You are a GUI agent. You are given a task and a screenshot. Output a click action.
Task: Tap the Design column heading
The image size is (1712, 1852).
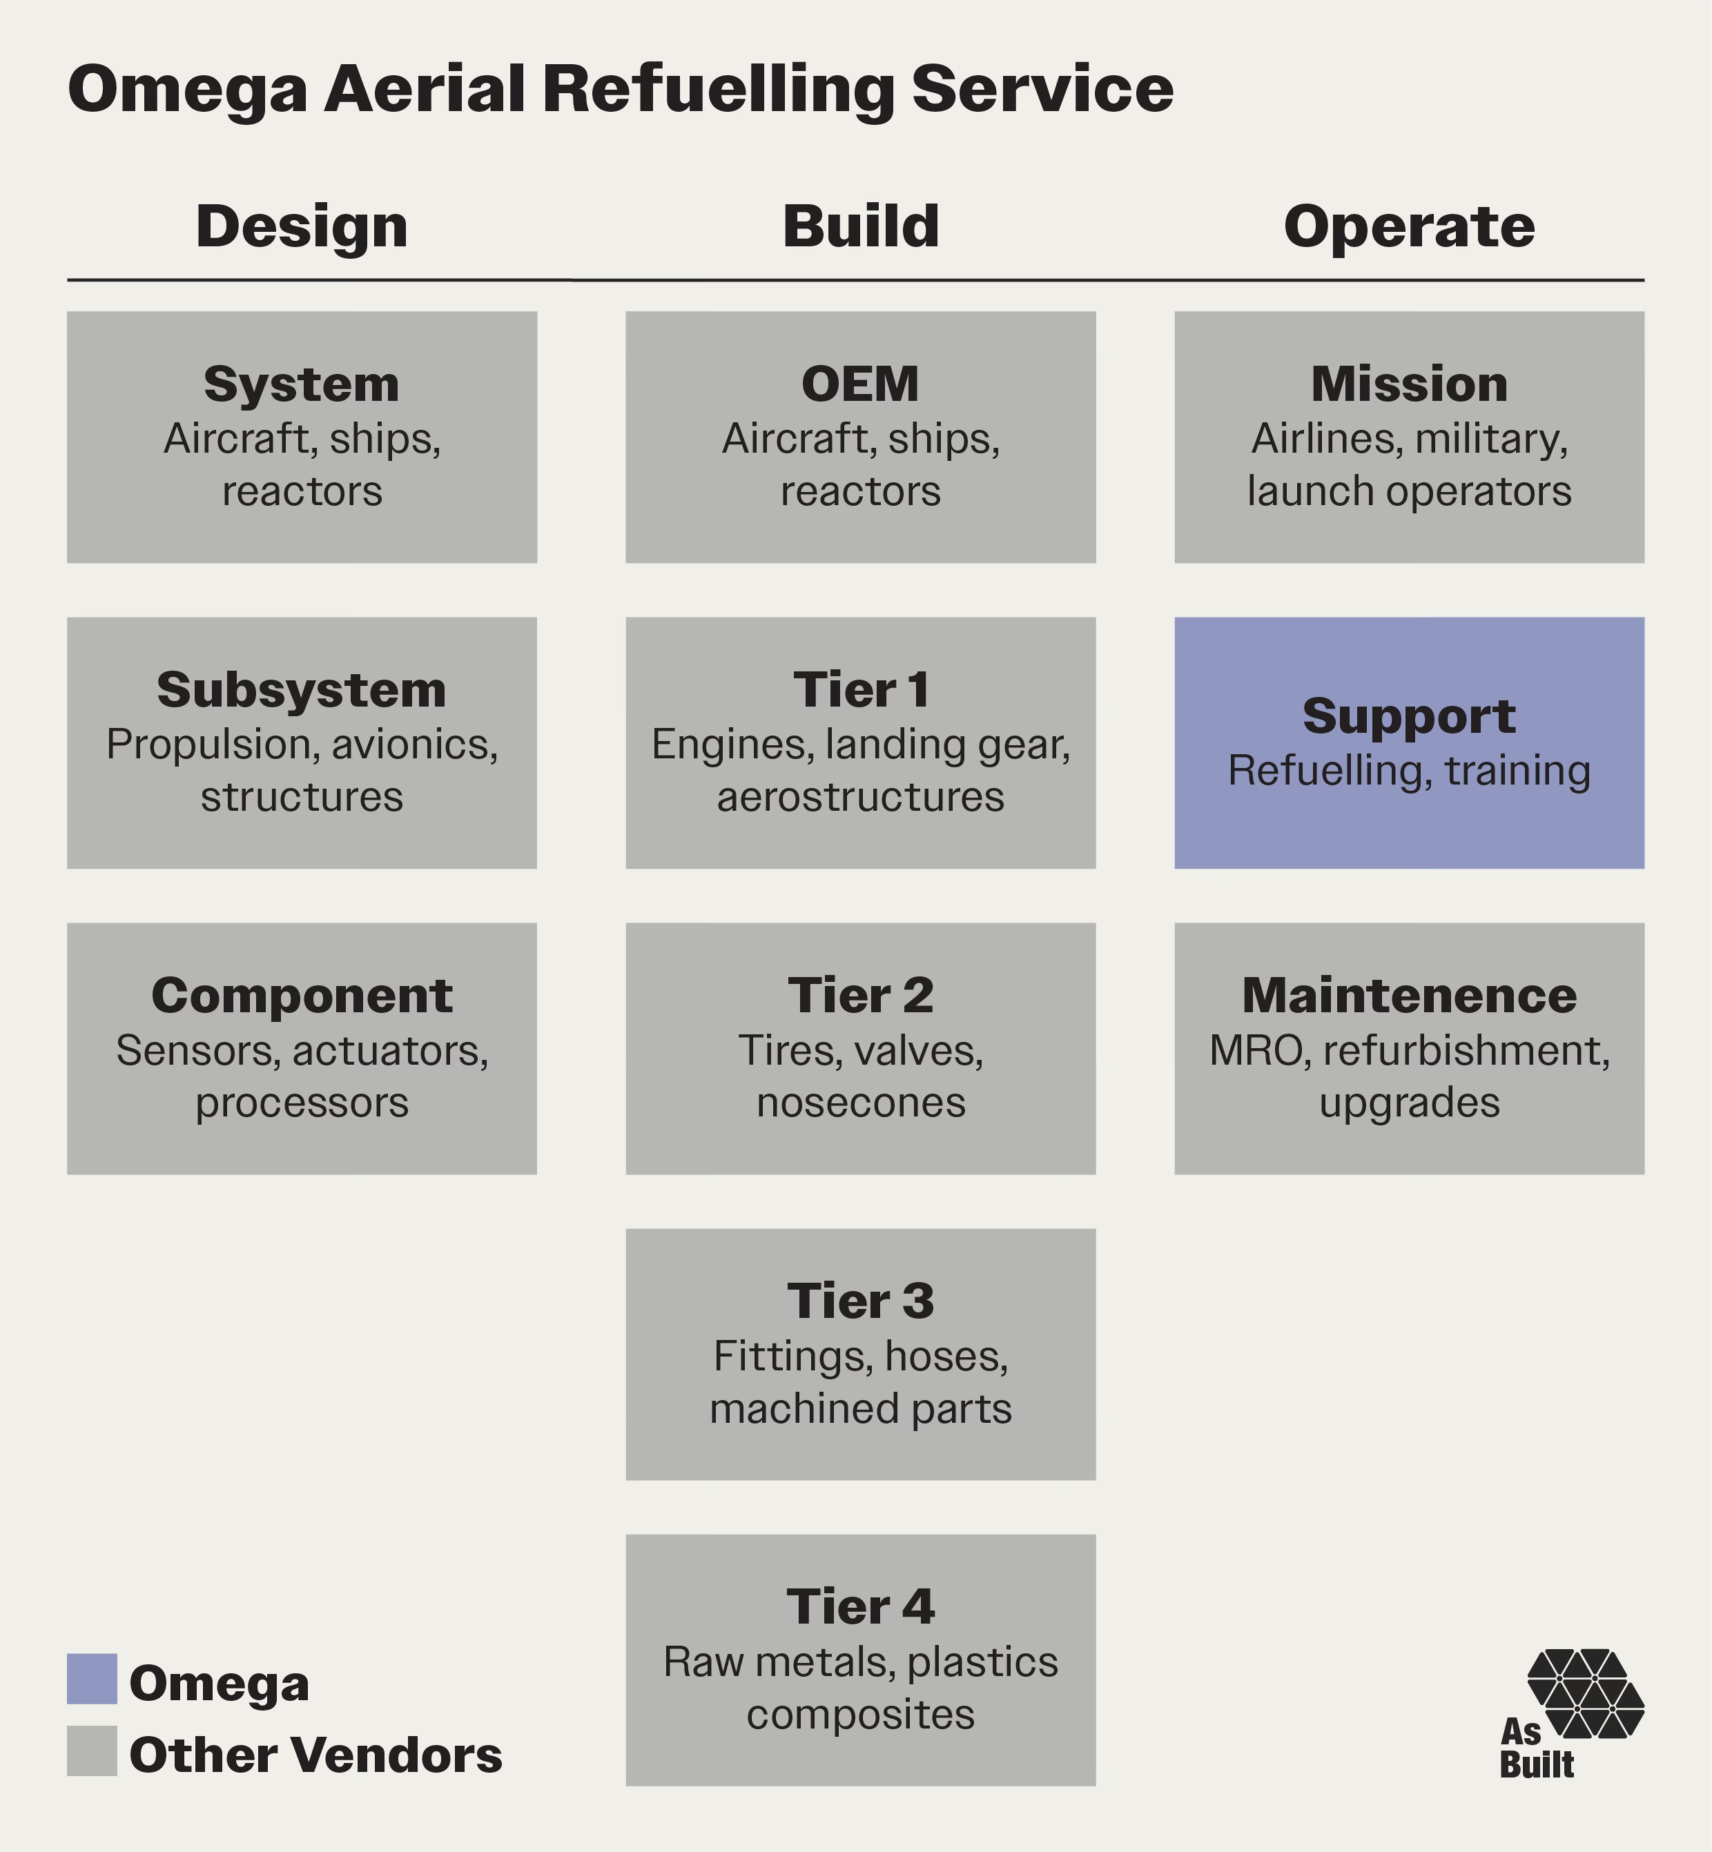(302, 227)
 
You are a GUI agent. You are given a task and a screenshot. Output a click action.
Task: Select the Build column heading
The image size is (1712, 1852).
(861, 227)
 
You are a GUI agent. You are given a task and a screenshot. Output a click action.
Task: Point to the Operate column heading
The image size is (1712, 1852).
(1409, 227)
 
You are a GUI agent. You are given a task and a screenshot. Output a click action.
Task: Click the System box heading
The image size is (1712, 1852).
(302, 384)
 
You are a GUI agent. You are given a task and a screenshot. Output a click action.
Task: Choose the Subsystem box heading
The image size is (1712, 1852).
(302, 690)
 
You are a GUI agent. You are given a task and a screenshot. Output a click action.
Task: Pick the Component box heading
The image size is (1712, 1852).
(302, 996)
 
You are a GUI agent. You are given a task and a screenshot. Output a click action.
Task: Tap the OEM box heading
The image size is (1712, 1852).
(861, 384)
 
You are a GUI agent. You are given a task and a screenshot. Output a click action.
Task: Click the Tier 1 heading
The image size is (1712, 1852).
(861, 690)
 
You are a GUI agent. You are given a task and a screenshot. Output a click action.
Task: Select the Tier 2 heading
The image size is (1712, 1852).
(861, 996)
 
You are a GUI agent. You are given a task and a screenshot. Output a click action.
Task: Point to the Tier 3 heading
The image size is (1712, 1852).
(861, 1301)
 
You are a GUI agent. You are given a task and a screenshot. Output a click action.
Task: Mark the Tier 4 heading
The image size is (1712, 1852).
(861, 1606)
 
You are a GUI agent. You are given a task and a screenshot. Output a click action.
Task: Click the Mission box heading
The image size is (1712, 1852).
(1409, 384)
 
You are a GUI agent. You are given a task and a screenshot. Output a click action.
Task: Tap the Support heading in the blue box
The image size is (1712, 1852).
(1409, 716)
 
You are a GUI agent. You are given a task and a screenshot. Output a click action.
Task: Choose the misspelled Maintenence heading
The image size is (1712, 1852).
(1409, 996)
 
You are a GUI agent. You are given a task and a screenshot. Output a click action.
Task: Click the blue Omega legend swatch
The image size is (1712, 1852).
(92, 1679)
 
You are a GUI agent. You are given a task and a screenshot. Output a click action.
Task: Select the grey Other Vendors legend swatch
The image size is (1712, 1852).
(92, 1750)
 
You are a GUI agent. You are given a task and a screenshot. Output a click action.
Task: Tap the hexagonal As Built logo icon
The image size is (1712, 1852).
(1585, 1693)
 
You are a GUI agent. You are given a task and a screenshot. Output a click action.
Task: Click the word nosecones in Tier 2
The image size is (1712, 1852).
(861, 1103)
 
